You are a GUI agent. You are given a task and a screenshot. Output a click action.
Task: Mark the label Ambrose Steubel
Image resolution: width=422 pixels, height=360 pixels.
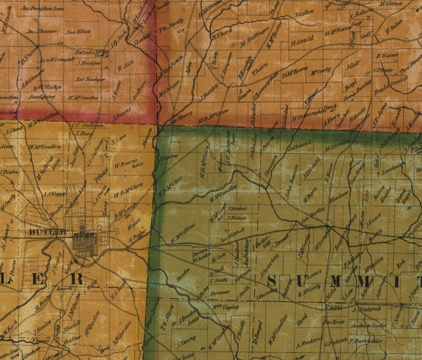[367, 325]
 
